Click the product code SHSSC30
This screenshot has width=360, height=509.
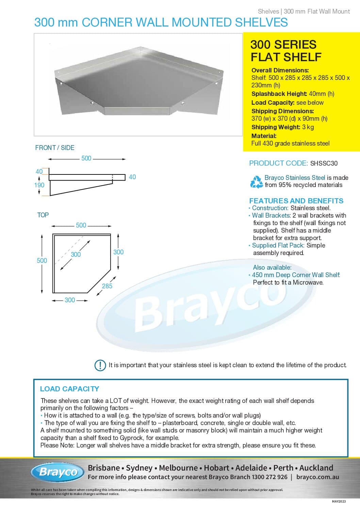(324, 163)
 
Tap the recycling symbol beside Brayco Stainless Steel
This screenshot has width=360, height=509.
(256, 182)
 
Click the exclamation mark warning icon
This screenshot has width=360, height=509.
(100, 365)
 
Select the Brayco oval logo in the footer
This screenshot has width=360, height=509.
(57, 472)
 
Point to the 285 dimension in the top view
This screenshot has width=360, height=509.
(107, 286)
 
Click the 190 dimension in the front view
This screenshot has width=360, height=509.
(39, 185)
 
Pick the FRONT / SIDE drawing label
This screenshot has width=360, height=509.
(55, 148)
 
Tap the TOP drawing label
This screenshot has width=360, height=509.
(43, 215)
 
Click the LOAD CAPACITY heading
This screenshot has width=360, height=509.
(69, 389)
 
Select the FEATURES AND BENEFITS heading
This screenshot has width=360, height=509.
(296, 201)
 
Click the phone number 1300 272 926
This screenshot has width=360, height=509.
(269, 477)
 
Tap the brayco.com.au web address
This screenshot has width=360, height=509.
(317, 477)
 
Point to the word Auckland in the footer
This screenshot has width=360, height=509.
(316, 468)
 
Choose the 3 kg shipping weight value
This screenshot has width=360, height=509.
(308, 127)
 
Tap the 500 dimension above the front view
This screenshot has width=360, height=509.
(86, 158)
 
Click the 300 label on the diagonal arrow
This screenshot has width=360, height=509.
(76, 254)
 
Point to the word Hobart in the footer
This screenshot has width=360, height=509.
(216, 468)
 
